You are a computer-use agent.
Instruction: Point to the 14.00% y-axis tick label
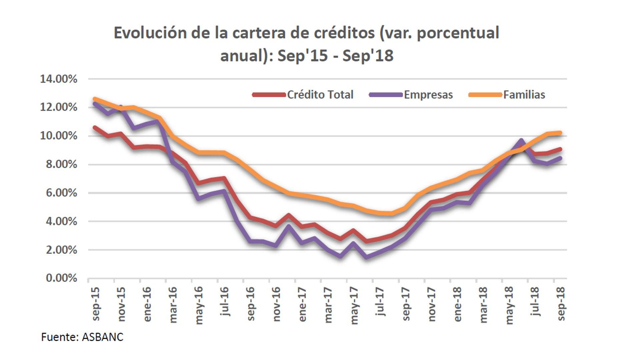point(59,79)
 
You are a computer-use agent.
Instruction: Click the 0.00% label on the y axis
point(62,278)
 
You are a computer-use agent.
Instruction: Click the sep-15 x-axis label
point(96,303)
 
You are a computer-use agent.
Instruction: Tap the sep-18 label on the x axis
point(561,303)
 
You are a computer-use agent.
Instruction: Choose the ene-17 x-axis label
point(302,304)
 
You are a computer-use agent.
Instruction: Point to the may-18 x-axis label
point(509,305)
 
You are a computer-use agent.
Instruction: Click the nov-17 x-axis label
point(431,304)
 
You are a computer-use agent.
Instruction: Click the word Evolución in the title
point(150,33)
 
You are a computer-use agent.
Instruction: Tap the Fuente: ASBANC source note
point(82,337)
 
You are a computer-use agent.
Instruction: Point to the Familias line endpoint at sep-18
point(560,133)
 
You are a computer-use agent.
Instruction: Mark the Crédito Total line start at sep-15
point(95,127)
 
